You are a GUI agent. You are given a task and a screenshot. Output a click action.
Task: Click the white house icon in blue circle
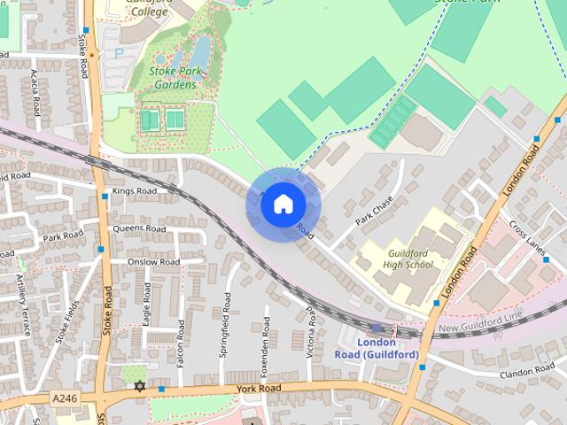tap(282, 205)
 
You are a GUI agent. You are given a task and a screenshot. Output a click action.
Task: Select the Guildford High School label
tap(410, 259)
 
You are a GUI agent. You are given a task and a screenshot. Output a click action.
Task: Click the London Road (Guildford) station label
tap(375, 347)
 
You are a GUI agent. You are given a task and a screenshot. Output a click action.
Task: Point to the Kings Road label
tap(134, 190)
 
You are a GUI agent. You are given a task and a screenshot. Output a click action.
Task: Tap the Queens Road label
tap(138, 228)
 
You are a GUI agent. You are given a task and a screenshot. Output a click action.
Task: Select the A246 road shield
tap(65, 398)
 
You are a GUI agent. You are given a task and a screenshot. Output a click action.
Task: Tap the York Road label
tap(259, 389)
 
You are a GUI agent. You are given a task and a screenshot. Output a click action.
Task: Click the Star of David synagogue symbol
tap(138, 386)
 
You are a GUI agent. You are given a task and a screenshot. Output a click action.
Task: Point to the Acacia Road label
tap(35, 93)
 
